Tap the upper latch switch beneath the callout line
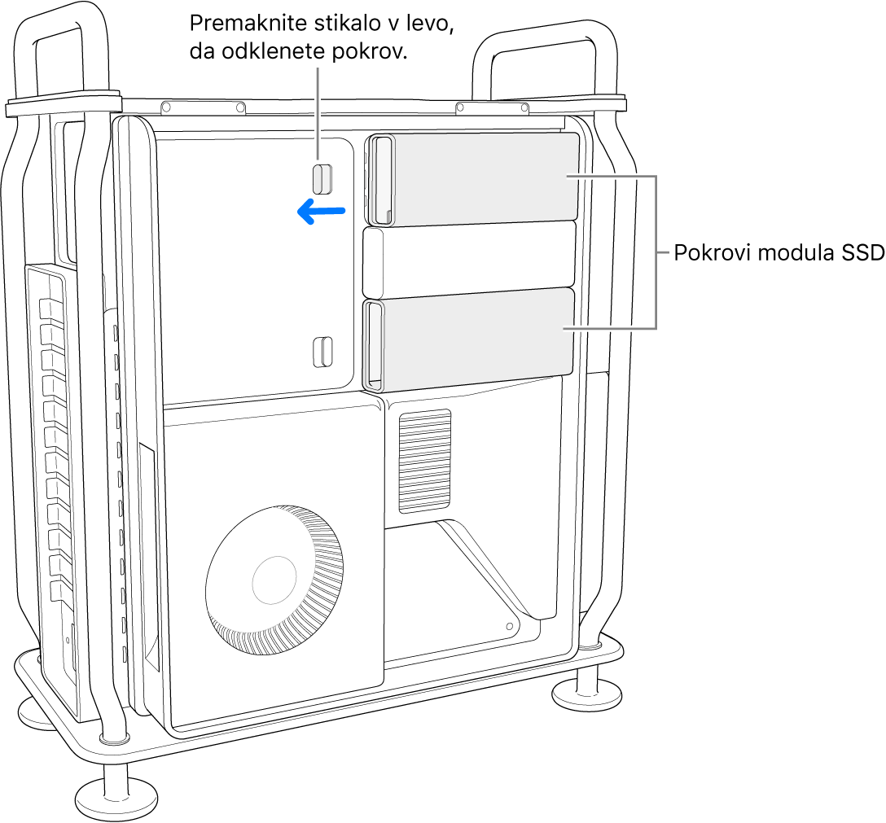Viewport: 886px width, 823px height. pos(323,178)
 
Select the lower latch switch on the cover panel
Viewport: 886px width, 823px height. pos(323,350)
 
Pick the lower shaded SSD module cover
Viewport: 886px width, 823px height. pos(480,334)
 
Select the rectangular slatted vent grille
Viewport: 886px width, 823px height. pos(424,461)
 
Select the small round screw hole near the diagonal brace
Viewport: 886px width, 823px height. pos(509,628)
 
